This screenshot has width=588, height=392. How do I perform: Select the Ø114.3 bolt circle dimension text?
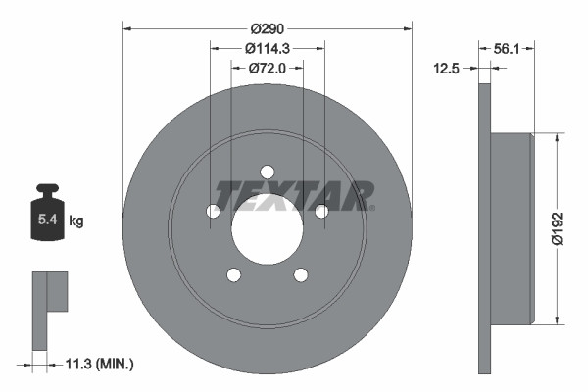(267, 49)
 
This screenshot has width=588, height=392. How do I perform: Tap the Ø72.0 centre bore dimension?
(267, 69)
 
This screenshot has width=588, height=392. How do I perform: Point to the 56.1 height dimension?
(507, 47)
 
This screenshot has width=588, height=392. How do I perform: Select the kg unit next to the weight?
(76, 221)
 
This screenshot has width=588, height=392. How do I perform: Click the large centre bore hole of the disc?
(267, 229)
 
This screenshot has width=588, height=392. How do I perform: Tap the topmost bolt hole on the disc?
(267, 172)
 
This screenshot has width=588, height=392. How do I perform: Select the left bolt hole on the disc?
(213, 211)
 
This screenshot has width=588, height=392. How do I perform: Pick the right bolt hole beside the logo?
(320, 211)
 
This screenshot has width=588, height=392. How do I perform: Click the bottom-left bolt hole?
(233, 274)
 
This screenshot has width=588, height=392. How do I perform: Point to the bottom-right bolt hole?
(300, 274)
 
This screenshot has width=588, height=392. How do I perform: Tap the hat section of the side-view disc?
(510, 227)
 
